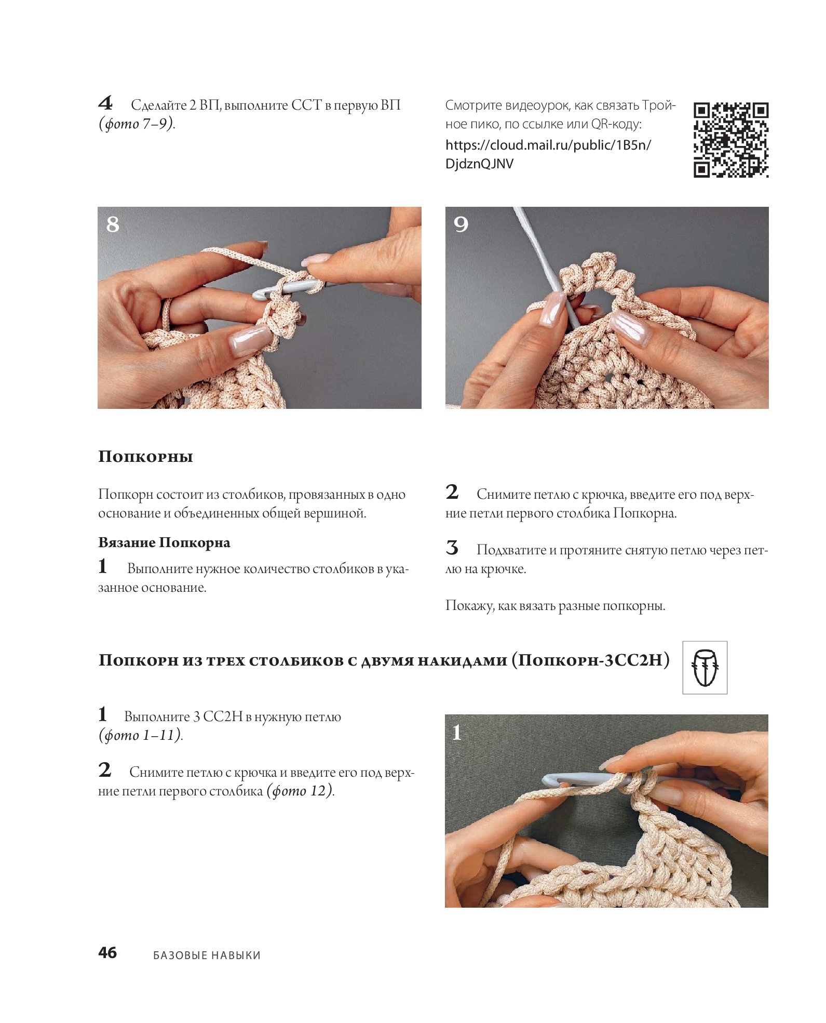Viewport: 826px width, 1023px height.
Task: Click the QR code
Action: tap(731, 140)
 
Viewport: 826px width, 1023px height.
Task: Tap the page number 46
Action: tap(107, 952)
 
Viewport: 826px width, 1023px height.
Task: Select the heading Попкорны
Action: tap(145, 457)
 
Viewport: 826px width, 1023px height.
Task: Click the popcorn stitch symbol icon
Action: tap(705, 668)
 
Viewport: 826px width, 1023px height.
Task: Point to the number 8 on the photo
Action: tap(113, 224)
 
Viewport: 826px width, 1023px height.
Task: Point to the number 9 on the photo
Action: tap(461, 224)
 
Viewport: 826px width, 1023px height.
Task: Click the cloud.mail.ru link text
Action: tap(548, 154)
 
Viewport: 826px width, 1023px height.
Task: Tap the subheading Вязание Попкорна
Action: tap(164, 542)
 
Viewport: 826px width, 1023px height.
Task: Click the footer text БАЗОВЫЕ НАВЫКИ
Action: tap(207, 955)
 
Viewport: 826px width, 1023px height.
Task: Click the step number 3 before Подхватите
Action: tap(452, 548)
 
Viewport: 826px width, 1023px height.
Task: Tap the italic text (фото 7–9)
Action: tap(137, 124)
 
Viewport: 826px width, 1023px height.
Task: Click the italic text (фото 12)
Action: tap(300, 791)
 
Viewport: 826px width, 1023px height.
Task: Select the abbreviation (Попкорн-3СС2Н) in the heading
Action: tap(590, 660)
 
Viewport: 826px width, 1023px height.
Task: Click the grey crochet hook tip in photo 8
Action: tap(260, 294)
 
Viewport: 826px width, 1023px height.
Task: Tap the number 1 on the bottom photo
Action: tap(457, 733)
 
